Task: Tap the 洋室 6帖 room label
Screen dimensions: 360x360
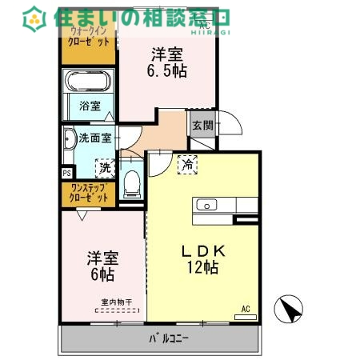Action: tap(102, 266)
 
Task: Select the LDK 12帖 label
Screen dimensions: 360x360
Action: tap(202, 258)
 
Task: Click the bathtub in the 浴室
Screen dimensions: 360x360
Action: tap(89, 82)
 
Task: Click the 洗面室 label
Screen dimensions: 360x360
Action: tap(94, 138)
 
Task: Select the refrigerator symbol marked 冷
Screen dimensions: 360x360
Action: tap(186, 164)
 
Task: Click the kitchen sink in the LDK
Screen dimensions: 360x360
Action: tap(208, 205)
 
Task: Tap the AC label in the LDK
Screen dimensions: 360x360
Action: tap(246, 309)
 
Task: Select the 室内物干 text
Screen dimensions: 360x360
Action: tap(116, 302)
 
